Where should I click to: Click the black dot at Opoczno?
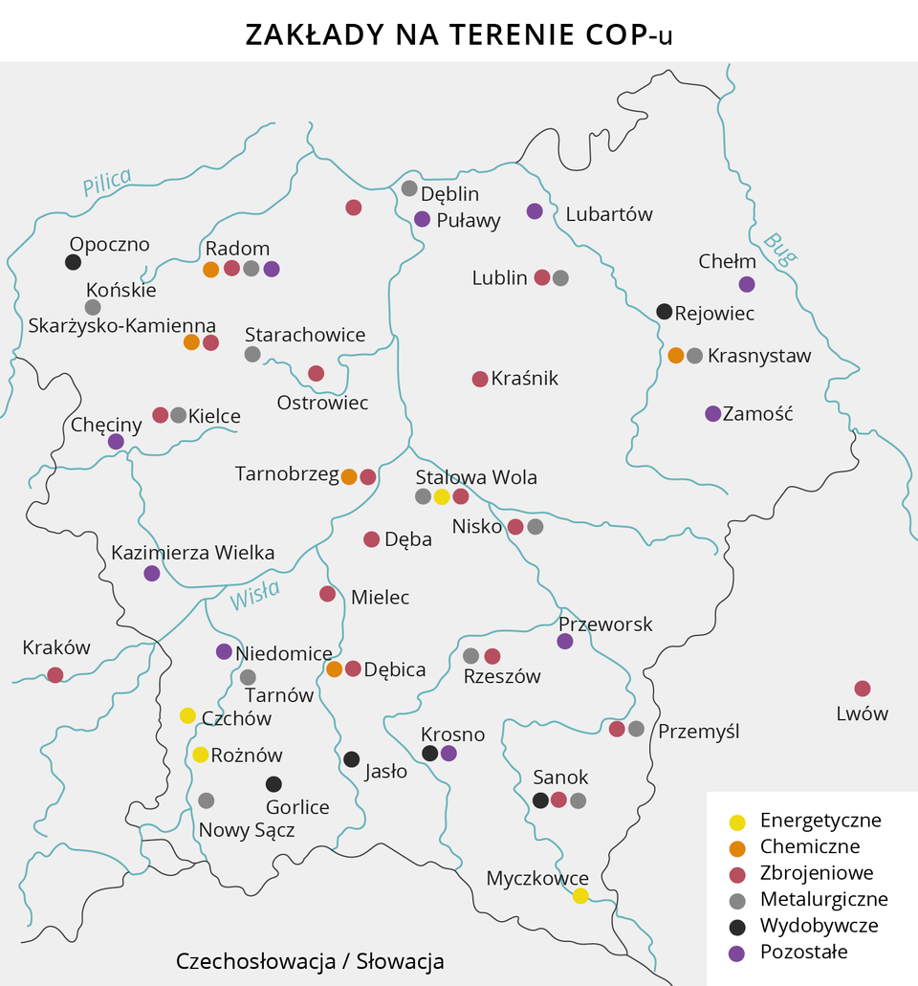[x=73, y=262]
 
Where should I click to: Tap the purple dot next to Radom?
[x=272, y=269]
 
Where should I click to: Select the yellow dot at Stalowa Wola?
[x=442, y=496]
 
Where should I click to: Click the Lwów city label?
[x=862, y=713]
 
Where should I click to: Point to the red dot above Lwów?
[x=863, y=689]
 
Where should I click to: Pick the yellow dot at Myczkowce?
[x=580, y=896]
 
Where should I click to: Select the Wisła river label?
[x=254, y=597]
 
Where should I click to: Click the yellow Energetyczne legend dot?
[x=737, y=822]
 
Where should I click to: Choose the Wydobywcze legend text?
[x=819, y=925]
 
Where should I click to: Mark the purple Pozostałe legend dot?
[x=737, y=953]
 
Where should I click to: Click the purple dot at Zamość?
[x=712, y=414]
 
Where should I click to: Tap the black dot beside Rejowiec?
[x=665, y=311]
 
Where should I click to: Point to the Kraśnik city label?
[x=524, y=379]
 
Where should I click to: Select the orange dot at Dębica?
[x=335, y=669]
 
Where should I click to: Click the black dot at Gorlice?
[x=273, y=784]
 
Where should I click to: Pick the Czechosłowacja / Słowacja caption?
[x=310, y=961]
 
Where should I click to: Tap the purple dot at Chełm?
[x=747, y=284]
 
